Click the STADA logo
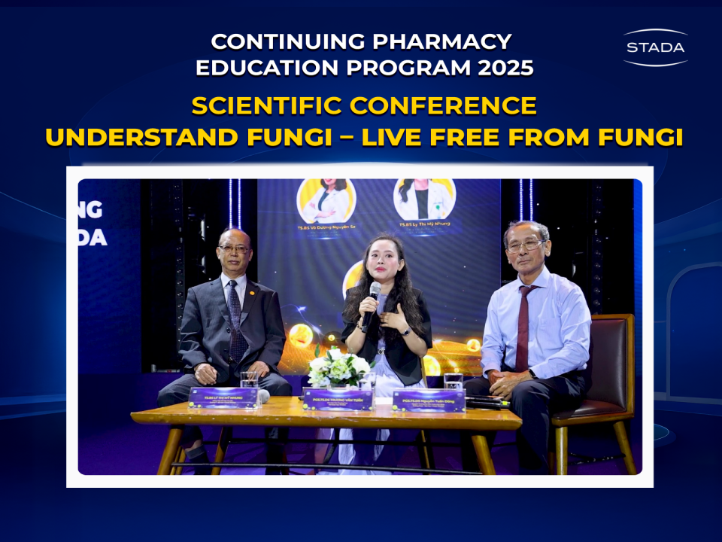(655, 47)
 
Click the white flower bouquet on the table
(340, 367)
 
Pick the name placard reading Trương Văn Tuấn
(338, 398)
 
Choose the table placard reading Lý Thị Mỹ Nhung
(224, 397)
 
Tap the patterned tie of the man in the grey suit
(235, 324)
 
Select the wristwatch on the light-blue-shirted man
(532, 374)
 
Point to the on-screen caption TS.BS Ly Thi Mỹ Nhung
(425, 225)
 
